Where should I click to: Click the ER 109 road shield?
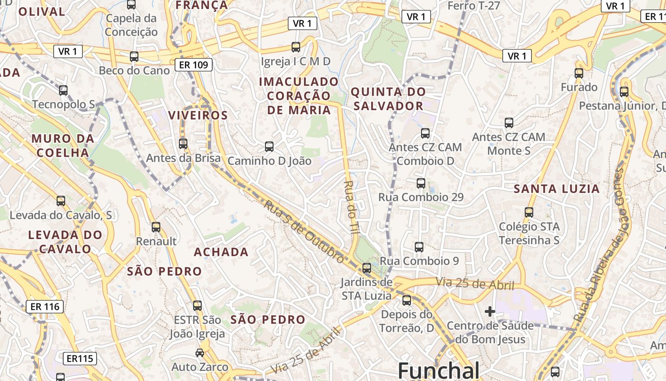point(193,65)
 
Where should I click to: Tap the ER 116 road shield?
point(45,307)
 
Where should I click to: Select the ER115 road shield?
point(80,359)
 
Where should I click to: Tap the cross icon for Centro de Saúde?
point(490,312)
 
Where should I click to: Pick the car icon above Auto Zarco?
point(200,353)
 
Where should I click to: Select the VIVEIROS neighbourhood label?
point(198,115)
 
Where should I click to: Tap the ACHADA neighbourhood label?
point(221,252)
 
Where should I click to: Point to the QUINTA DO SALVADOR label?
point(388,99)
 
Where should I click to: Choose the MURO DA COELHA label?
point(60,146)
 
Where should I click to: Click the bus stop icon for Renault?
point(156,227)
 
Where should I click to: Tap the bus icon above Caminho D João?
point(269,147)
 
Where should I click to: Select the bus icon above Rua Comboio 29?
point(421,183)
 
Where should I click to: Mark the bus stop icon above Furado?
point(578,73)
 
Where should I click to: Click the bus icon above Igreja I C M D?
point(295,47)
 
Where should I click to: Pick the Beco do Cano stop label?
point(134,70)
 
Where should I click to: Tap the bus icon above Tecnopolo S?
point(63,90)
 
